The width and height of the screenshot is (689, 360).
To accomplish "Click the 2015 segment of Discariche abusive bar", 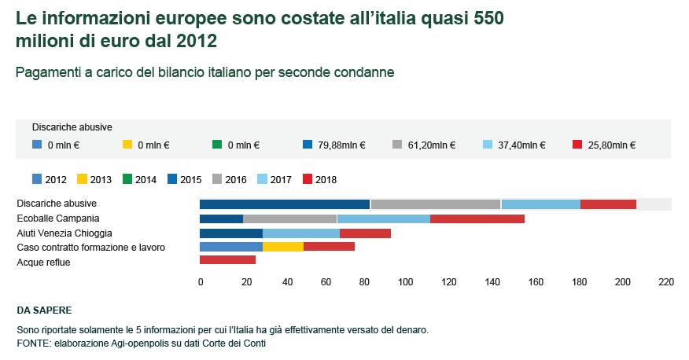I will pyautogui.click(x=285, y=204).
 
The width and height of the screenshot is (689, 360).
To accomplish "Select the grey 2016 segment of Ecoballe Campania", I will pyautogui.click(x=289, y=219).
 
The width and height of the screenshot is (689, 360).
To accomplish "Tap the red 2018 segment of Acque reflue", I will pyautogui.click(x=227, y=260).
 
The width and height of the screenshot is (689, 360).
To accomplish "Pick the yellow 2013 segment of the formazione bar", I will pyautogui.click(x=282, y=247).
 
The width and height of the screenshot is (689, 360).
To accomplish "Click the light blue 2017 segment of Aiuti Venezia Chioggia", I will pyautogui.click(x=300, y=233).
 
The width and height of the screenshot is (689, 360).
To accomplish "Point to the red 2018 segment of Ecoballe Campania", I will pyautogui.click(x=477, y=219).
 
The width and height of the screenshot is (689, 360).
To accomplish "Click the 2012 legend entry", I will pyautogui.click(x=49, y=179).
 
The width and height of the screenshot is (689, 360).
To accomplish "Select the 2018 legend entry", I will pyautogui.click(x=319, y=179).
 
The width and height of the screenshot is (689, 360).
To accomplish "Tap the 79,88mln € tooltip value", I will pyautogui.click(x=336, y=145).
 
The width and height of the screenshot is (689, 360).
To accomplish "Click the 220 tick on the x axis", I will pyautogui.click(x=666, y=282).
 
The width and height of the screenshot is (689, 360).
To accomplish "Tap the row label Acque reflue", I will pyautogui.click(x=44, y=262).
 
